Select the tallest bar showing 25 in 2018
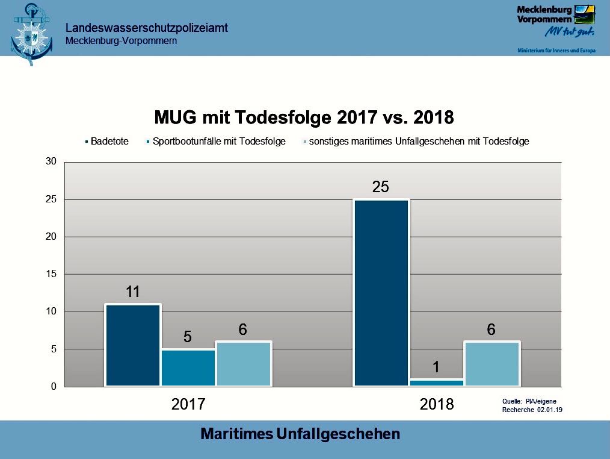tap(381, 293)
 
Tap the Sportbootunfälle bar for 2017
tap(188, 367)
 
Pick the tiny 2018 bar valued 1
tap(436, 382)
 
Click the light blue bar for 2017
tap(243, 364)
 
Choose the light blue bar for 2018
tap(491, 364)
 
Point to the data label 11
tap(133, 292)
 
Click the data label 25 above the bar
tap(381, 187)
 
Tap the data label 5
tap(188, 337)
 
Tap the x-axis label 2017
tap(188, 404)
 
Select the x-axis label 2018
tap(437, 404)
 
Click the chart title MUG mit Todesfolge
tap(304, 117)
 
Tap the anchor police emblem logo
tap(31, 33)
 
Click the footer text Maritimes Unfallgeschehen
tap(300, 434)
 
